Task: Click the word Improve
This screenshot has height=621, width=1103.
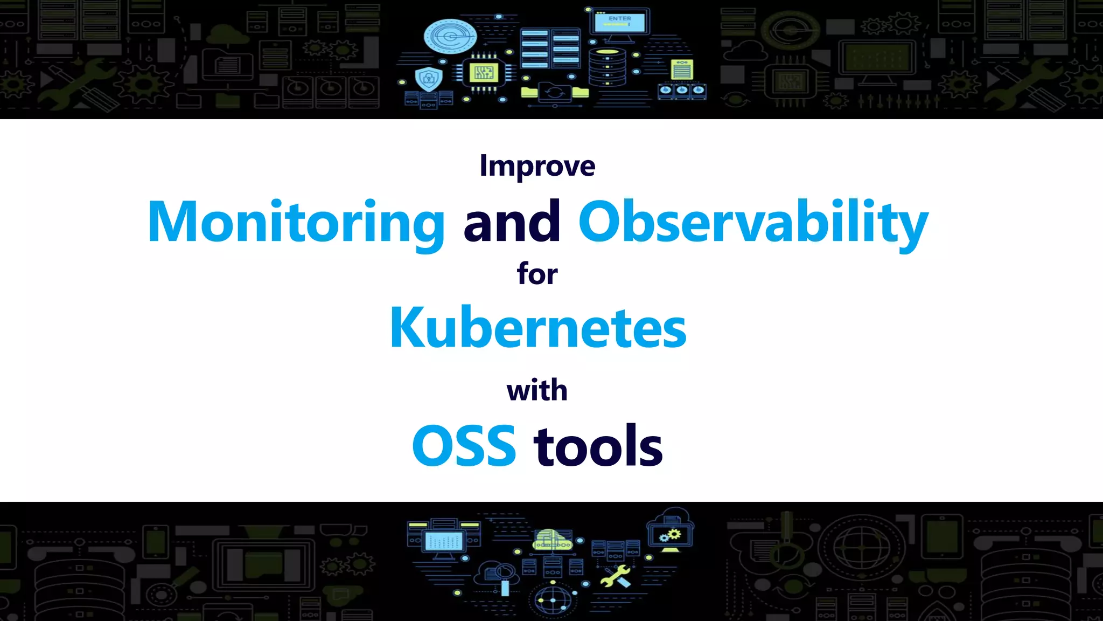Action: coord(537,166)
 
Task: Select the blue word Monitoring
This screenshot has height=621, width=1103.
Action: coord(296,222)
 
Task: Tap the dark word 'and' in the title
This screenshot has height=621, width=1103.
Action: coord(512,222)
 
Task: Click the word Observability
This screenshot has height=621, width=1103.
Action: coord(753,222)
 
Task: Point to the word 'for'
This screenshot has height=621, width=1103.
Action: coord(537,274)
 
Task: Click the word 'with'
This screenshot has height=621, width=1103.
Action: coord(537,390)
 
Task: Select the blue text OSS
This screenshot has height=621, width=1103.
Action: coord(464,446)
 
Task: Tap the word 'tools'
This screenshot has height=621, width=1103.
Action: coord(598,446)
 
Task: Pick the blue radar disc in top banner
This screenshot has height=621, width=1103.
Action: coord(450,37)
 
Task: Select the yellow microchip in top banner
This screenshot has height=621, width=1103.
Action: coord(484,72)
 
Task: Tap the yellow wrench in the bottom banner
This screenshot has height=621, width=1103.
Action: coord(615,577)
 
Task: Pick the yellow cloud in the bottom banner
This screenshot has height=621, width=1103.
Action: coord(552,540)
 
